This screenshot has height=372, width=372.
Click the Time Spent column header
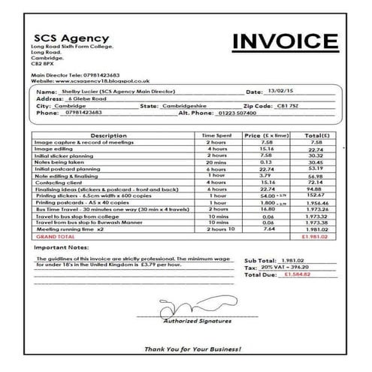point(219,135)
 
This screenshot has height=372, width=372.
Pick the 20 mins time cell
point(219,162)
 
